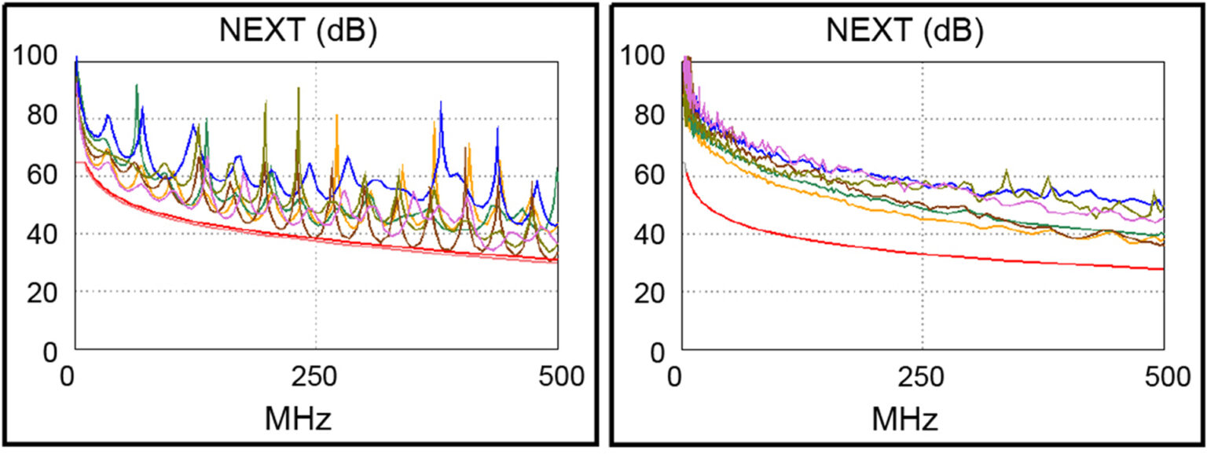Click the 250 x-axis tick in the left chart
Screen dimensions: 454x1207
point(315,378)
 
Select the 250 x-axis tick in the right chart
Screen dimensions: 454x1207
point(922,378)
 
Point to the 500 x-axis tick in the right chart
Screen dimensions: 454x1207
point(1164,378)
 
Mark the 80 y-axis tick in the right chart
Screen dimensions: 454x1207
point(649,117)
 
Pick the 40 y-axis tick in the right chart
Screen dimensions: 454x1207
point(649,233)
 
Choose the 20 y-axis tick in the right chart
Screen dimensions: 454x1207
point(649,291)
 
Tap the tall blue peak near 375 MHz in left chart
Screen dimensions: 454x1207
point(441,104)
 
